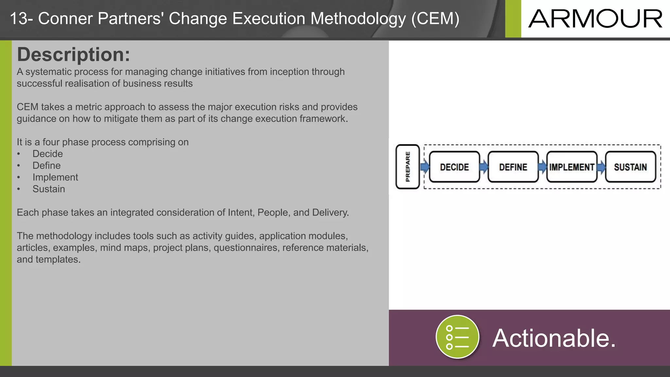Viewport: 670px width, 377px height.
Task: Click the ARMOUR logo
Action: pyautogui.click(x=595, y=19)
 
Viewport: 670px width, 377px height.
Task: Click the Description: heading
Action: pyautogui.click(x=74, y=54)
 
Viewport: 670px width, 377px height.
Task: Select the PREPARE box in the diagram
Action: pyautogui.click(x=408, y=167)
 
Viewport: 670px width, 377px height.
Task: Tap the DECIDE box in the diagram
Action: pyautogui.click(x=454, y=167)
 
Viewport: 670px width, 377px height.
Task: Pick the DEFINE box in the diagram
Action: pyautogui.click(x=513, y=167)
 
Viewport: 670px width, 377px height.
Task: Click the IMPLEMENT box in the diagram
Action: pyautogui.click(x=572, y=167)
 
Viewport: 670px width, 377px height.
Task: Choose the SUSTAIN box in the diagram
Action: pyautogui.click(x=630, y=167)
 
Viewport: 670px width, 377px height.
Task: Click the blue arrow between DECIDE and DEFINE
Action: pyautogui.click(x=484, y=167)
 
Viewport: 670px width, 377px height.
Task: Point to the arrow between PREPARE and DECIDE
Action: pyautogui.click(x=425, y=167)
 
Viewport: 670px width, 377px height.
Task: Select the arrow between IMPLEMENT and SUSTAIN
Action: pyautogui.click(x=601, y=167)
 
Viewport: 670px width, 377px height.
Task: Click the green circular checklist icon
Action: pyautogui.click(x=457, y=337)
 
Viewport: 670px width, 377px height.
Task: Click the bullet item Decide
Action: pyautogui.click(x=47, y=154)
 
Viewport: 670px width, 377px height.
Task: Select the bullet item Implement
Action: pyautogui.click(x=55, y=177)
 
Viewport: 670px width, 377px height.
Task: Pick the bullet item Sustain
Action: pyautogui.click(x=48, y=189)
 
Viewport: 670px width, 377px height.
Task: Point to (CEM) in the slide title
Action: pyautogui.click(x=435, y=19)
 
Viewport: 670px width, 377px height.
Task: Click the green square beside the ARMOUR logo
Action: pyautogui.click(x=513, y=19)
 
